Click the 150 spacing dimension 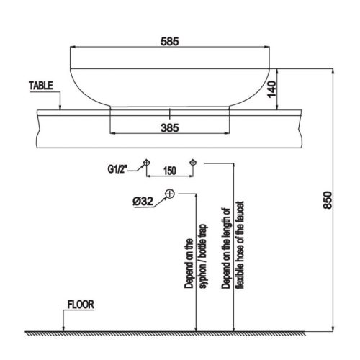coord(169,171)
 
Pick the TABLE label coord(42,84)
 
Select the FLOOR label coord(81,305)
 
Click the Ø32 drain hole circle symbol coord(170,194)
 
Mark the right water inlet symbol coord(192,162)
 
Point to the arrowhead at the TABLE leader coord(61,108)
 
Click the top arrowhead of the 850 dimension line coord(333,71)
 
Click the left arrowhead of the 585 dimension coord(72,47)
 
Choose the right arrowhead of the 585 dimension coord(271,47)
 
